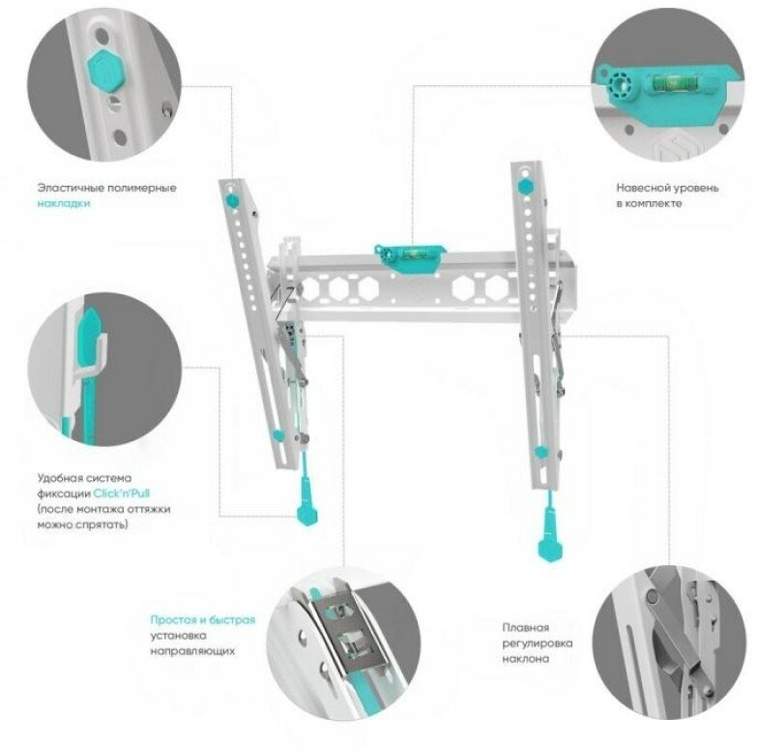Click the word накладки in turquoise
(x=64, y=203)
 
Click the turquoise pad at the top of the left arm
(x=232, y=199)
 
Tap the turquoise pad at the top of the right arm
(x=524, y=185)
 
